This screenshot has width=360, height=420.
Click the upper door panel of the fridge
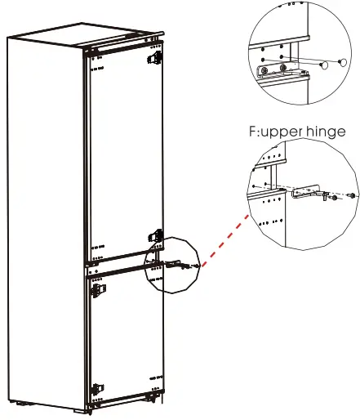[x=122, y=155]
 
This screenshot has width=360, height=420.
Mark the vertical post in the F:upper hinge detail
[x=280, y=204]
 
